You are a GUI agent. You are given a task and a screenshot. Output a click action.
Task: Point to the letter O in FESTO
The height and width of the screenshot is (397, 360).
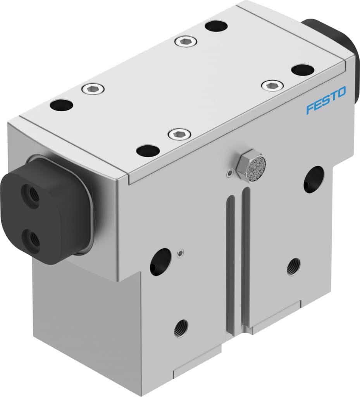tap(341, 93)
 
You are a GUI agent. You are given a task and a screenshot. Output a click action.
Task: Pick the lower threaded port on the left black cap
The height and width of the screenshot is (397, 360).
tap(30, 236)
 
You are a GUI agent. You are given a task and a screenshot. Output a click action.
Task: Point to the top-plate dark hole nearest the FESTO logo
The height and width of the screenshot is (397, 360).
tap(303, 70)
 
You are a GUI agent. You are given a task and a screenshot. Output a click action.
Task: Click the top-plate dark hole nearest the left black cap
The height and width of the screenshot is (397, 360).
tap(62, 105)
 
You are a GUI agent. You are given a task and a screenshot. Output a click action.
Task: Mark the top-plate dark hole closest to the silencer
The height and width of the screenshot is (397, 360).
tap(148, 150)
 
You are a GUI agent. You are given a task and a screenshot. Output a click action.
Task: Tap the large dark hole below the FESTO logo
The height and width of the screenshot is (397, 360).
tap(313, 179)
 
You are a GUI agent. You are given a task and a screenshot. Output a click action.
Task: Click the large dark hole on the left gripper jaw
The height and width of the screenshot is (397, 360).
tap(160, 262)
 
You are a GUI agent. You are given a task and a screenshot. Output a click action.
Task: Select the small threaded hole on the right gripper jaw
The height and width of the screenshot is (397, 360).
tap(293, 266)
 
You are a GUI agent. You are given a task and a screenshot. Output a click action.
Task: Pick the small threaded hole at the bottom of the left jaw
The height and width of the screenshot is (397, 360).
tap(181, 328)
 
